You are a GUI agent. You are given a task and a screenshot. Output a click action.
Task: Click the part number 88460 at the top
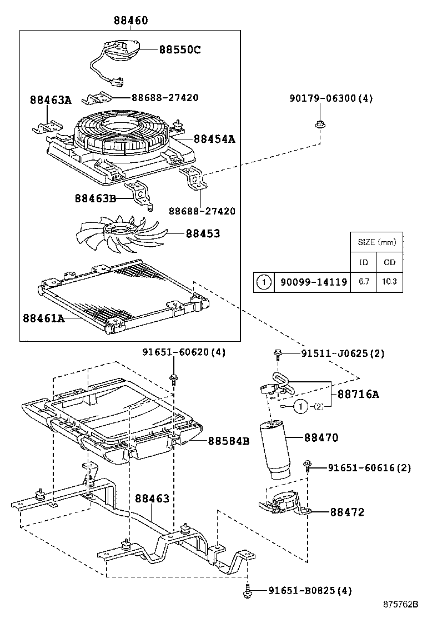tap(131, 21)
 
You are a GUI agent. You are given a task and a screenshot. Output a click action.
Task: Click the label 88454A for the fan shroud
tap(214, 139)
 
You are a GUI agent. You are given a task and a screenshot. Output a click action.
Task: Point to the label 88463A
tap(51, 100)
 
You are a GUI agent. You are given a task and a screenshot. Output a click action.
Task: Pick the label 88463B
tap(96, 198)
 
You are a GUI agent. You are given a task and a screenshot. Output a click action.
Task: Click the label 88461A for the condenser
tap(44, 318)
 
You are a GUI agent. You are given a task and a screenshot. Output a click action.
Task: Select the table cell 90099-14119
tap(313, 282)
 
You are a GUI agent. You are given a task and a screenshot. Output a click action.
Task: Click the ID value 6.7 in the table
tap(364, 282)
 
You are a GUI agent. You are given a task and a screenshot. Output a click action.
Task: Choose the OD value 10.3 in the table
tap(389, 282)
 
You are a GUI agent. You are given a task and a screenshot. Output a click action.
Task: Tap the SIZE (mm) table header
tap(376, 242)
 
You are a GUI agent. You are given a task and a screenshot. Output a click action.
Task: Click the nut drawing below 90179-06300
tap(319, 124)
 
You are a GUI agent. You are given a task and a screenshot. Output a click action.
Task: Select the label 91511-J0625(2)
tap(343, 353)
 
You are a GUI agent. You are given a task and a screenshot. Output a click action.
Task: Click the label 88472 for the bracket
tap(347, 512)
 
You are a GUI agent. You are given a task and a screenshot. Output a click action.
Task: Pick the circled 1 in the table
tap(263, 282)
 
